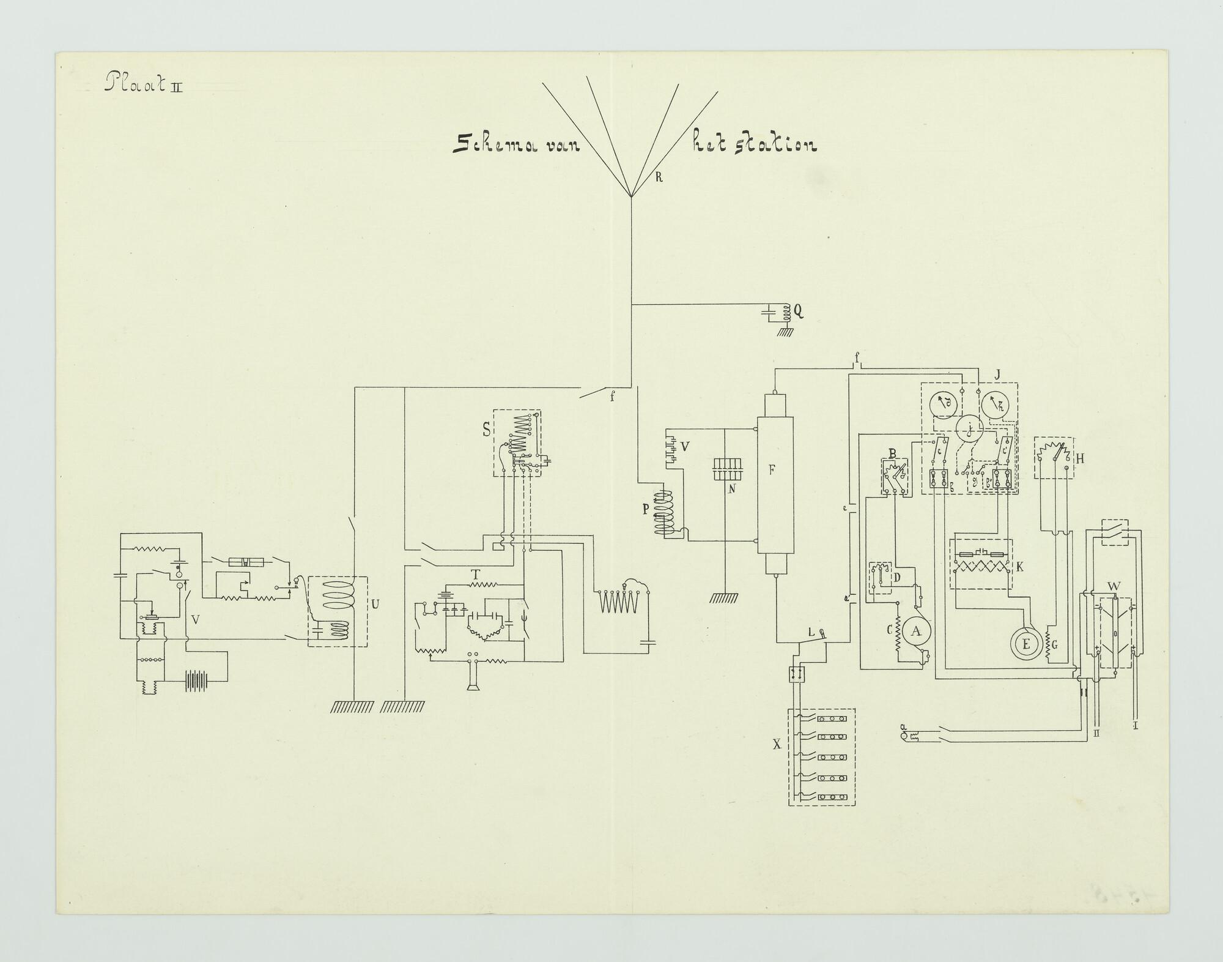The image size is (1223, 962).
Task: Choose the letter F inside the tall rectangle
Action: [772, 470]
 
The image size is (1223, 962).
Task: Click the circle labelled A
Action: [916, 632]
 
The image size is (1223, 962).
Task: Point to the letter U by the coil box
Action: [375, 605]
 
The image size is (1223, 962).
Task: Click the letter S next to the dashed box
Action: [487, 430]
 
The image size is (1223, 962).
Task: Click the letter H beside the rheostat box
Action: [1080, 458]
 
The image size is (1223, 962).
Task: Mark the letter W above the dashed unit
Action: [1114, 586]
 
